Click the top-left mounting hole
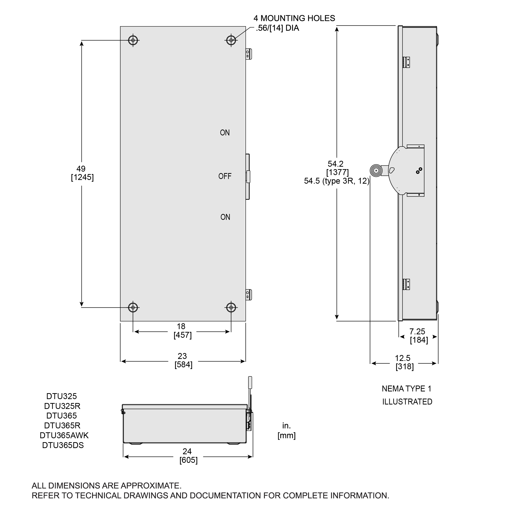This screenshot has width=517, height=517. (x=133, y=40)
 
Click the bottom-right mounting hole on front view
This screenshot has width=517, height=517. (x=231, y=307)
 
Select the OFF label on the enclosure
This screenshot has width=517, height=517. (x=225, y=176)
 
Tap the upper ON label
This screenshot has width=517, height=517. (x=225, y=133)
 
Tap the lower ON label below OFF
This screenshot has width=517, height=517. (x=225, y=217)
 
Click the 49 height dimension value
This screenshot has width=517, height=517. (x=81, y=169)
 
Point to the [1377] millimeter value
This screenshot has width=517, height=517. (x=338, y=172)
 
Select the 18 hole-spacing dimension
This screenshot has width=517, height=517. (x=181, y=326)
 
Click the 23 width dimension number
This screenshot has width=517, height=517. (x=182, y=356)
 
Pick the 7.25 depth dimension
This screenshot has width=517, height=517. (x=417, y=332)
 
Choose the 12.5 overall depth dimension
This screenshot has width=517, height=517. (x=403, y=358)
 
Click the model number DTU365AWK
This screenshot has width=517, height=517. (x=64, y=435)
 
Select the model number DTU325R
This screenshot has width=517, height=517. (x=62, y=406)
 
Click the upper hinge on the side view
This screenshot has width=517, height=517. (x=406, y=62)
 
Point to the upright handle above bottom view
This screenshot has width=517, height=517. (x=250, y=383)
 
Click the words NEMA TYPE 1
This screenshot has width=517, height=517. (x=406, y=389)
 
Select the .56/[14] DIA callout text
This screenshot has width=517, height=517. (x=277, y=28)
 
